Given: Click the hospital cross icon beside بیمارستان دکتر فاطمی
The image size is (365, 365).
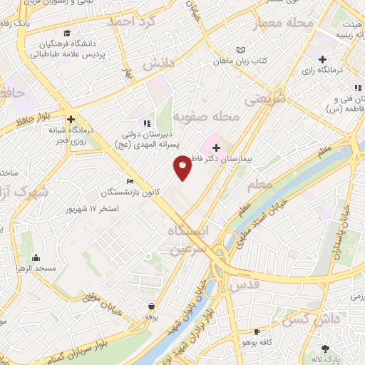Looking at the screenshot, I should point(217,147).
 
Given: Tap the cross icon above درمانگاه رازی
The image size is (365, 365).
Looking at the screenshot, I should point(322,58).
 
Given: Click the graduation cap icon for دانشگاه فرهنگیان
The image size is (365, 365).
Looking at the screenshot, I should point(67,34).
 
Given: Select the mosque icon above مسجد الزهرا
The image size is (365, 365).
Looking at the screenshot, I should point(36,257).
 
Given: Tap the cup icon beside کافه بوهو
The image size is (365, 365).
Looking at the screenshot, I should point(257,332).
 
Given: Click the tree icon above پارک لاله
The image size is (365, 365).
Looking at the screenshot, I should point(326,349).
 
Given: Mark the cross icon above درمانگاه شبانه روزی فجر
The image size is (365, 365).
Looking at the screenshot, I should point(71,120).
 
